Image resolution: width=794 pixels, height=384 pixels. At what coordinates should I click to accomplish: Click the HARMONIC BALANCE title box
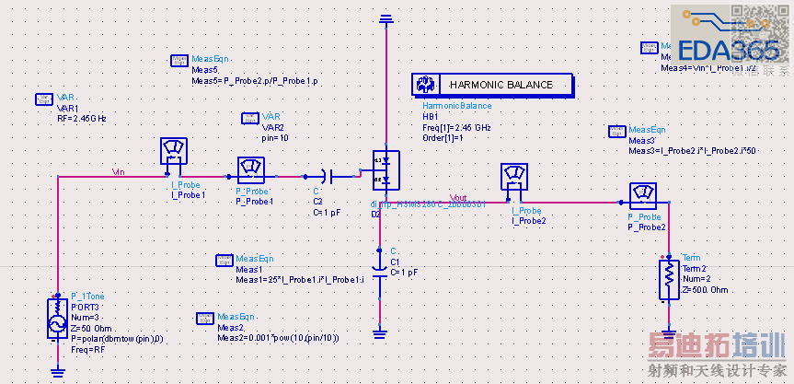[x=501, y=85]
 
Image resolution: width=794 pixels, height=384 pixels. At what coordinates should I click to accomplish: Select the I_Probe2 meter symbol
[x=513, y=176]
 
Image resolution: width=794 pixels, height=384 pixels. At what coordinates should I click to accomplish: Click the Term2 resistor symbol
[x=668, y=280]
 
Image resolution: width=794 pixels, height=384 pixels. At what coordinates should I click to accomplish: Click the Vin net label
[x=119, y=170]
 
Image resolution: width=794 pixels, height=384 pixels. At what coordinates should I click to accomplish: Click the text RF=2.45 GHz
[x=82, y=118]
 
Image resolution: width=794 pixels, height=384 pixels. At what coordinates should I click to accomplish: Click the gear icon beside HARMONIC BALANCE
[x=425, y=85]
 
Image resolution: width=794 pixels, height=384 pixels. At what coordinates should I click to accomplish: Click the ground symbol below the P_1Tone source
[x=57, y=370]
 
